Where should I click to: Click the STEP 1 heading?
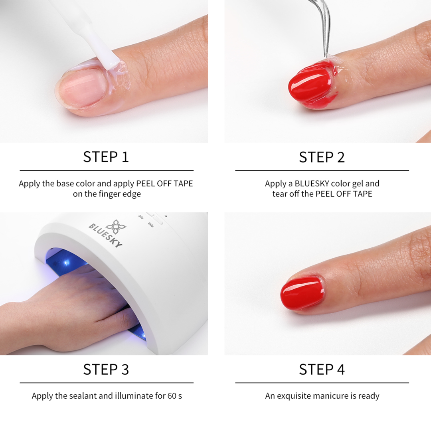click(106, 157)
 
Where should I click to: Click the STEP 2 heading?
click(322, 157)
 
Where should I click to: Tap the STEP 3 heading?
click(106, 369)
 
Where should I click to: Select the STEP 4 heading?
click(322, 369)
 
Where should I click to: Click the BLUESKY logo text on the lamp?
click(105, 235)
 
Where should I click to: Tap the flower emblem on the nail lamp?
click(116, 227)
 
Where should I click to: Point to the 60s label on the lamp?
click(151, 224)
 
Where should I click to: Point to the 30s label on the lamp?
click(141, 217)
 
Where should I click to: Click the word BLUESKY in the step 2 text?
click(312, 183)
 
